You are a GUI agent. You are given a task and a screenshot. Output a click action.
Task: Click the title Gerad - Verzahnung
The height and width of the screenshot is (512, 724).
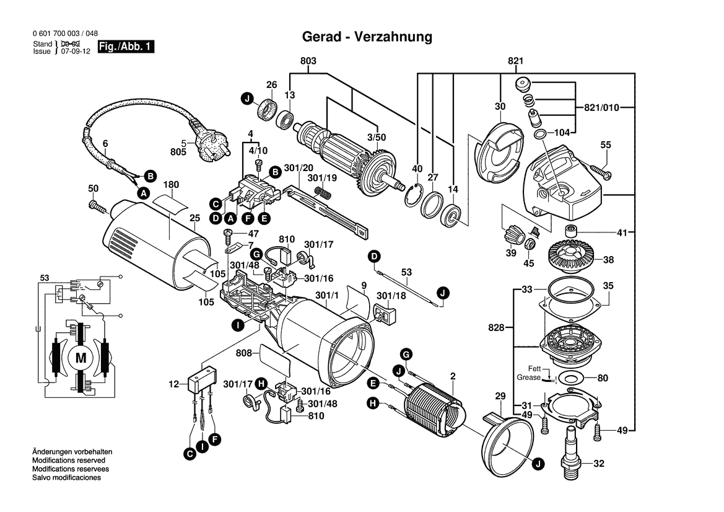(367, 37)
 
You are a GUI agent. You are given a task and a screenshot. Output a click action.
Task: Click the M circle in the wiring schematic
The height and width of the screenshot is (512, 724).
(81, 358)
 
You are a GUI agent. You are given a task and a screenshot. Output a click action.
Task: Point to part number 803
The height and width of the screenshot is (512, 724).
(308, 61)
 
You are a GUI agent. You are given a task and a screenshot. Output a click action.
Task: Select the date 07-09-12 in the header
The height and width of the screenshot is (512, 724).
(74, 51)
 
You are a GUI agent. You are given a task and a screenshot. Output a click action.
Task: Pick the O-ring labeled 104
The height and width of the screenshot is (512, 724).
(539, 135)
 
